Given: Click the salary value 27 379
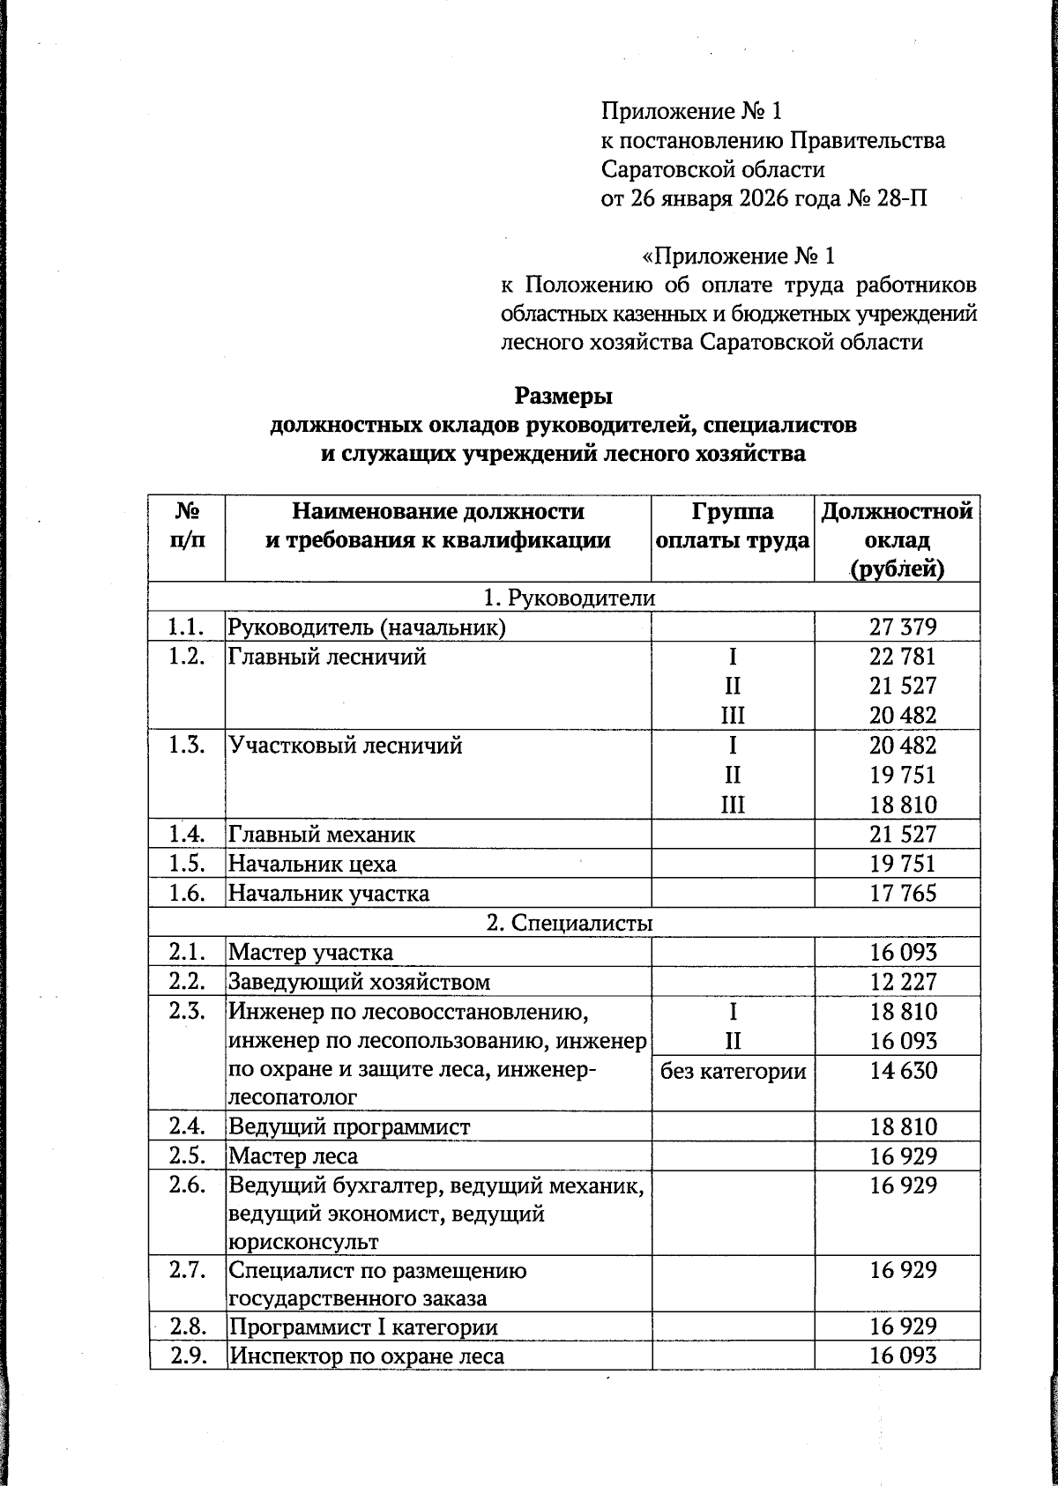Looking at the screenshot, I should (902, 627).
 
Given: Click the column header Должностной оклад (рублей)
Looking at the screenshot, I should (898, 539).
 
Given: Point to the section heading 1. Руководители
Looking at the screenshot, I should (570, 598).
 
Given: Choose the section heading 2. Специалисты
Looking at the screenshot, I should (570, 923).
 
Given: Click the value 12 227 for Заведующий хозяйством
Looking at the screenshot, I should (902, 982).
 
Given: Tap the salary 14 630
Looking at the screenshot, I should (902, 1071).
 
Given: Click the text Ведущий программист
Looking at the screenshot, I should (349, 1126).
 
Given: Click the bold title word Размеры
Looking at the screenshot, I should (563, 395).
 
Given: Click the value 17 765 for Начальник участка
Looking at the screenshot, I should (902, 894).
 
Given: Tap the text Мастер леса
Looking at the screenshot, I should (294, 1155).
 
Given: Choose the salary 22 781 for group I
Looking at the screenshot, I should (902, 657).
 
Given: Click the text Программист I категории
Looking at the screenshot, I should (363, 1326).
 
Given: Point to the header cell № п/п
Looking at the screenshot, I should (187, 525).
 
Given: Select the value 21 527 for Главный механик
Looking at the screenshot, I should (902, 834).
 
